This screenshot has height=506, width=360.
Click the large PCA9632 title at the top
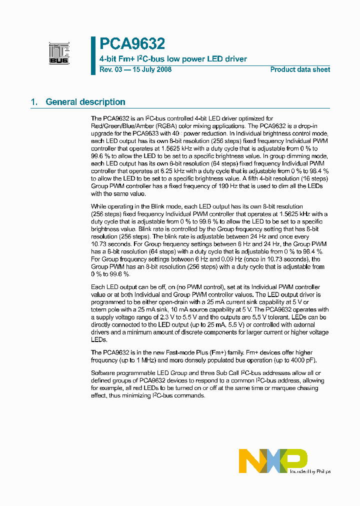coord(132,44)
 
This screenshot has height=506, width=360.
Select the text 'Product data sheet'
coord(300,69)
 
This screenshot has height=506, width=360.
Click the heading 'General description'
coord(85,102)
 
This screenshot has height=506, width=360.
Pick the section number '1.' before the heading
coord(34,102)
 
